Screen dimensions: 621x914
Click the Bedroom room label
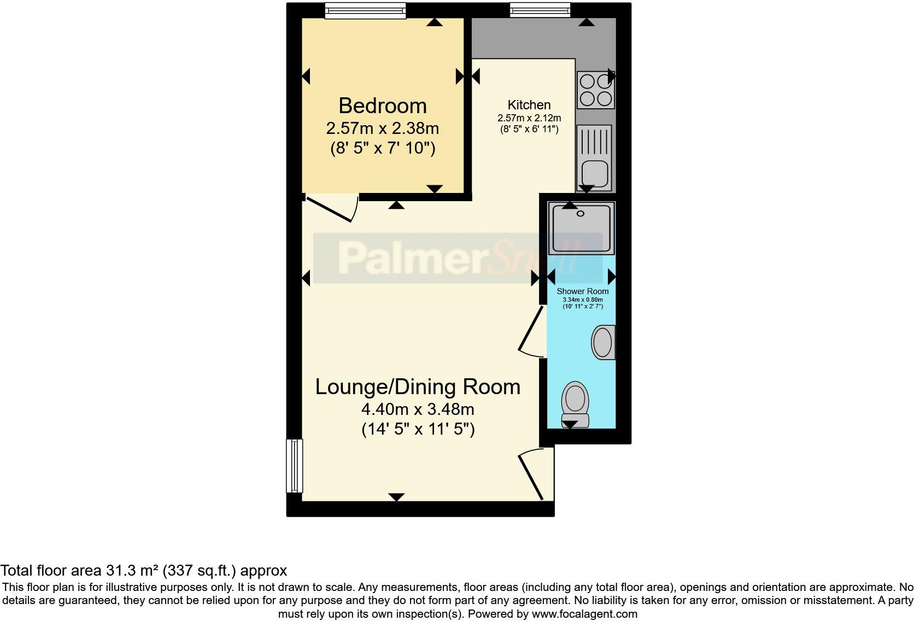(x=382, y=106)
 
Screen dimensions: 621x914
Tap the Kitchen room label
(x=529, y=105)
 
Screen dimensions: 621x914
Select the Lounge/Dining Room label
(x=418, y=387)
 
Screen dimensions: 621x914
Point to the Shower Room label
(x=582, y=291)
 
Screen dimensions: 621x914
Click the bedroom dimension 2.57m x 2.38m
(x=382, y=128)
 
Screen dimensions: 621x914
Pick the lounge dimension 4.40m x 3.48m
(x=418, y=409)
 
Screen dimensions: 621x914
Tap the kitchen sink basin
(x=595, y=173)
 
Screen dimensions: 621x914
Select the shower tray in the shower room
(x=582, y=229)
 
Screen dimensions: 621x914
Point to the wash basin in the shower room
(x=603, y=342)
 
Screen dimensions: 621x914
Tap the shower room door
(x=531, y=331)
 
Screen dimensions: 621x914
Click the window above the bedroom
(x=365, y=10)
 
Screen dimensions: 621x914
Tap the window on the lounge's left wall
(x=295, y=466)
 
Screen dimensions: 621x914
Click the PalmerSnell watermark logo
(x=458, y=258)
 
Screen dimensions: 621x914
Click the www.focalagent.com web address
(x=584, y=614)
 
